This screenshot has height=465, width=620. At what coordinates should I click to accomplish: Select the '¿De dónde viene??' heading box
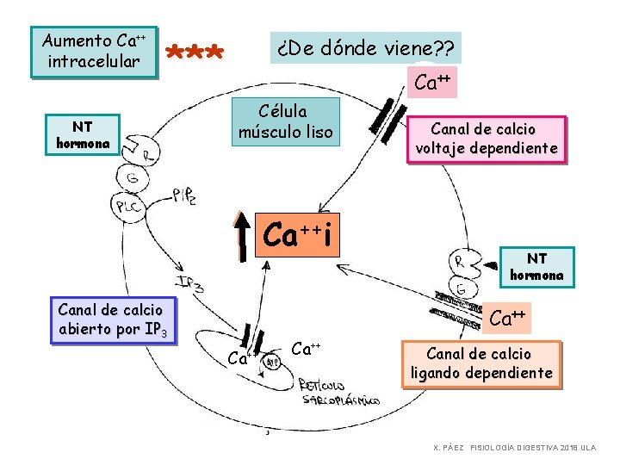point(366,47)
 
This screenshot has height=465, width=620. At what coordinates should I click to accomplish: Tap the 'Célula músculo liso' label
point(285,121)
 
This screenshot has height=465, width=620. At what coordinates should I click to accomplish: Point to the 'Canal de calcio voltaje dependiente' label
point(487,139)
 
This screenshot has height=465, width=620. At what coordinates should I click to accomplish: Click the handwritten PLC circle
point(128,206)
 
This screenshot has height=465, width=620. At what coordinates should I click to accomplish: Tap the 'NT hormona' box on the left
point(83,135)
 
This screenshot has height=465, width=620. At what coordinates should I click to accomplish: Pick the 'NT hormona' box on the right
point(536,266)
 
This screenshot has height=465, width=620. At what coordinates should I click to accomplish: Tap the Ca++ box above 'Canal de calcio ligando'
point(508,318)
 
